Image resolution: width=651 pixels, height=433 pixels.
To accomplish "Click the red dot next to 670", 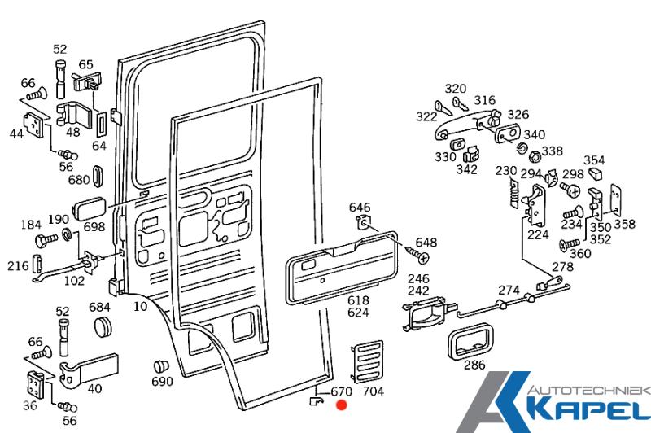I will pyautogui.click(x=341, y=404).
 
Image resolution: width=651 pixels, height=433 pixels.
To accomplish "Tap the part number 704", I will pyautogui.click(x=372, y=392).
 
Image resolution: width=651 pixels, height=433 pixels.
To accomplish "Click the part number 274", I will pyautogui.click(x=509, y=290).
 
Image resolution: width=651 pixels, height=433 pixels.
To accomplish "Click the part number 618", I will pyautogui.click(x=358, y=300).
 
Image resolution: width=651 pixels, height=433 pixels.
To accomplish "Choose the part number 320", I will pyautogui.click(x=456, y=89).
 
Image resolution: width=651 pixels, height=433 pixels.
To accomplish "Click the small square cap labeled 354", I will pyautogui.click(x=595, y=173).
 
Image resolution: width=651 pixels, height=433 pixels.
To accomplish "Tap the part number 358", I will pyautogui.click(x=625, y=223).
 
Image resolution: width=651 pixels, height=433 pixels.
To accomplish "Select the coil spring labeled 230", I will pyautogui.click(x=512, y=192).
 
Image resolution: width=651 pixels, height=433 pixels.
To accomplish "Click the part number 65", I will pyautogui.click(x=85, y=63).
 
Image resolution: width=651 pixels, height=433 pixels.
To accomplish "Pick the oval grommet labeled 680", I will pyautogui.click(x=98, y=178).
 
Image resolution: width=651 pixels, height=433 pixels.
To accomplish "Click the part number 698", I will pyautogui.click(x=94, y=227).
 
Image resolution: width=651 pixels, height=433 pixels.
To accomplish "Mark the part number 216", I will pyautogui.click(x=18, y=265).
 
